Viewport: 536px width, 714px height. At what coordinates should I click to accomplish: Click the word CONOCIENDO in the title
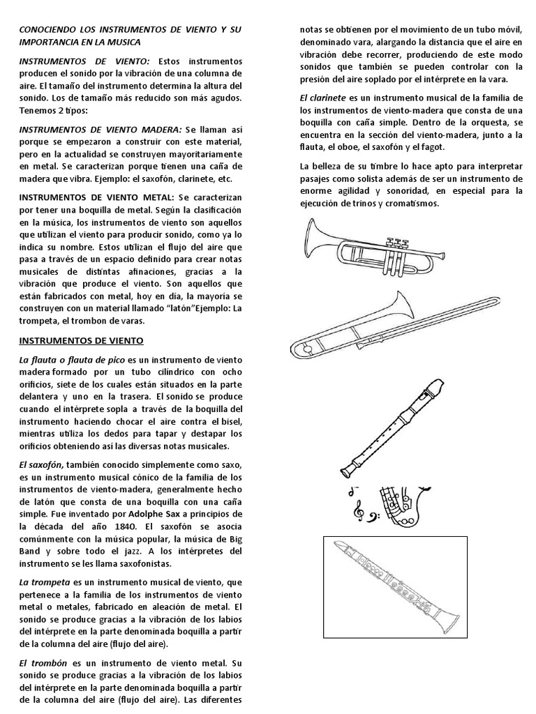pos(50,31)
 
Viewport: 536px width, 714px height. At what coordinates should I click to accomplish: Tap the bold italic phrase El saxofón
pos(40,464)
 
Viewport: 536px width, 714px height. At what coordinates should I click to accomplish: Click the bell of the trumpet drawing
pos(314,238)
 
